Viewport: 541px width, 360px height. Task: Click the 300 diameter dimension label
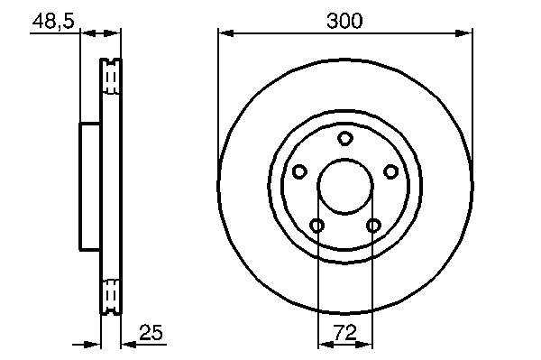point(344,21)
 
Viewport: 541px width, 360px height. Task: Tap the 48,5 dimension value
point(53,22)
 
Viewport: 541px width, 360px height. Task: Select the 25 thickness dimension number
point(151,333)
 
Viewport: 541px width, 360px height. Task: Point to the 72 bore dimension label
point(344,333)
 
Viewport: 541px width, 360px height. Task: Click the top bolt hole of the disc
point(344,138)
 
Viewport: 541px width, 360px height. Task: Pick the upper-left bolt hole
point(299,171)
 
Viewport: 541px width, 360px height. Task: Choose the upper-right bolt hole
point(391,171)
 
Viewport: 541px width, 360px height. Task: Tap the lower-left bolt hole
point(316,226)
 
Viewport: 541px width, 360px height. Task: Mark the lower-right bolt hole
point(373,226)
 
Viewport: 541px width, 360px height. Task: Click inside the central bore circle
point(345,187)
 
